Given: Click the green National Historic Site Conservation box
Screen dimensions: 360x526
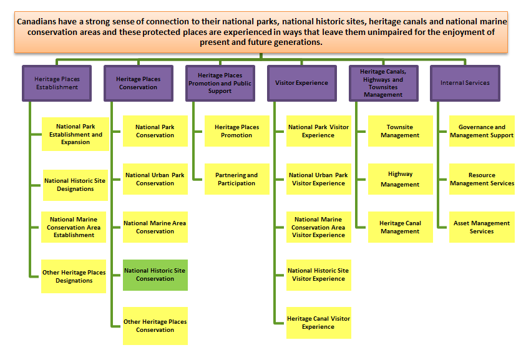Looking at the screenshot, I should point(155,275).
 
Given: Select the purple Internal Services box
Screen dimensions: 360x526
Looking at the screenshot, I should point(464,83).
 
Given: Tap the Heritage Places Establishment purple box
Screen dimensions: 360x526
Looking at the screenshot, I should point(56,83).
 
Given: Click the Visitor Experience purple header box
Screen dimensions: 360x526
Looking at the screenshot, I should point(301,83).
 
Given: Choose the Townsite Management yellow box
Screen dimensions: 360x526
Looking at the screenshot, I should point(399,131).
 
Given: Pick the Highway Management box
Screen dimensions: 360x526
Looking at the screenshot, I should point(399,180).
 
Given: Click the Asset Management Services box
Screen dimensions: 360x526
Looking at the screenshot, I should point(481,227).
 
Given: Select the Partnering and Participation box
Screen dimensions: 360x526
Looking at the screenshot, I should point(236,179).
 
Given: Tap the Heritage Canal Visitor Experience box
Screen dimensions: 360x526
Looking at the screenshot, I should point(318,323).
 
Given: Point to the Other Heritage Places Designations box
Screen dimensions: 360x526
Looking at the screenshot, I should point(74,276).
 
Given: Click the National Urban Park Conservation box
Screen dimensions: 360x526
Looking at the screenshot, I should point(155,179).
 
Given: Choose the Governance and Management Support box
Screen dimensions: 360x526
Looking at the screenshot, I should point(481,131).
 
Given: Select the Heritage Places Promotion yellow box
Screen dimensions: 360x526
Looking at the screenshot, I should point(236,131).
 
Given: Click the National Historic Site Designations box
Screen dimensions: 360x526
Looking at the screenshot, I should point(75,185).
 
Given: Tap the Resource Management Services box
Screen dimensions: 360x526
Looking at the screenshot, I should point(481,179).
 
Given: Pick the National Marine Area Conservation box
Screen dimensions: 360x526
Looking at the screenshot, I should point(155,227).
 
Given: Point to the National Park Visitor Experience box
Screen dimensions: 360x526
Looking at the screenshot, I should point(318,131).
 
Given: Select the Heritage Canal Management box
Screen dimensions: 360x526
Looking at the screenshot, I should point(399,227).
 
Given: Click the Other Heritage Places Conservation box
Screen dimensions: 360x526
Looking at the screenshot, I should point(155,326).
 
